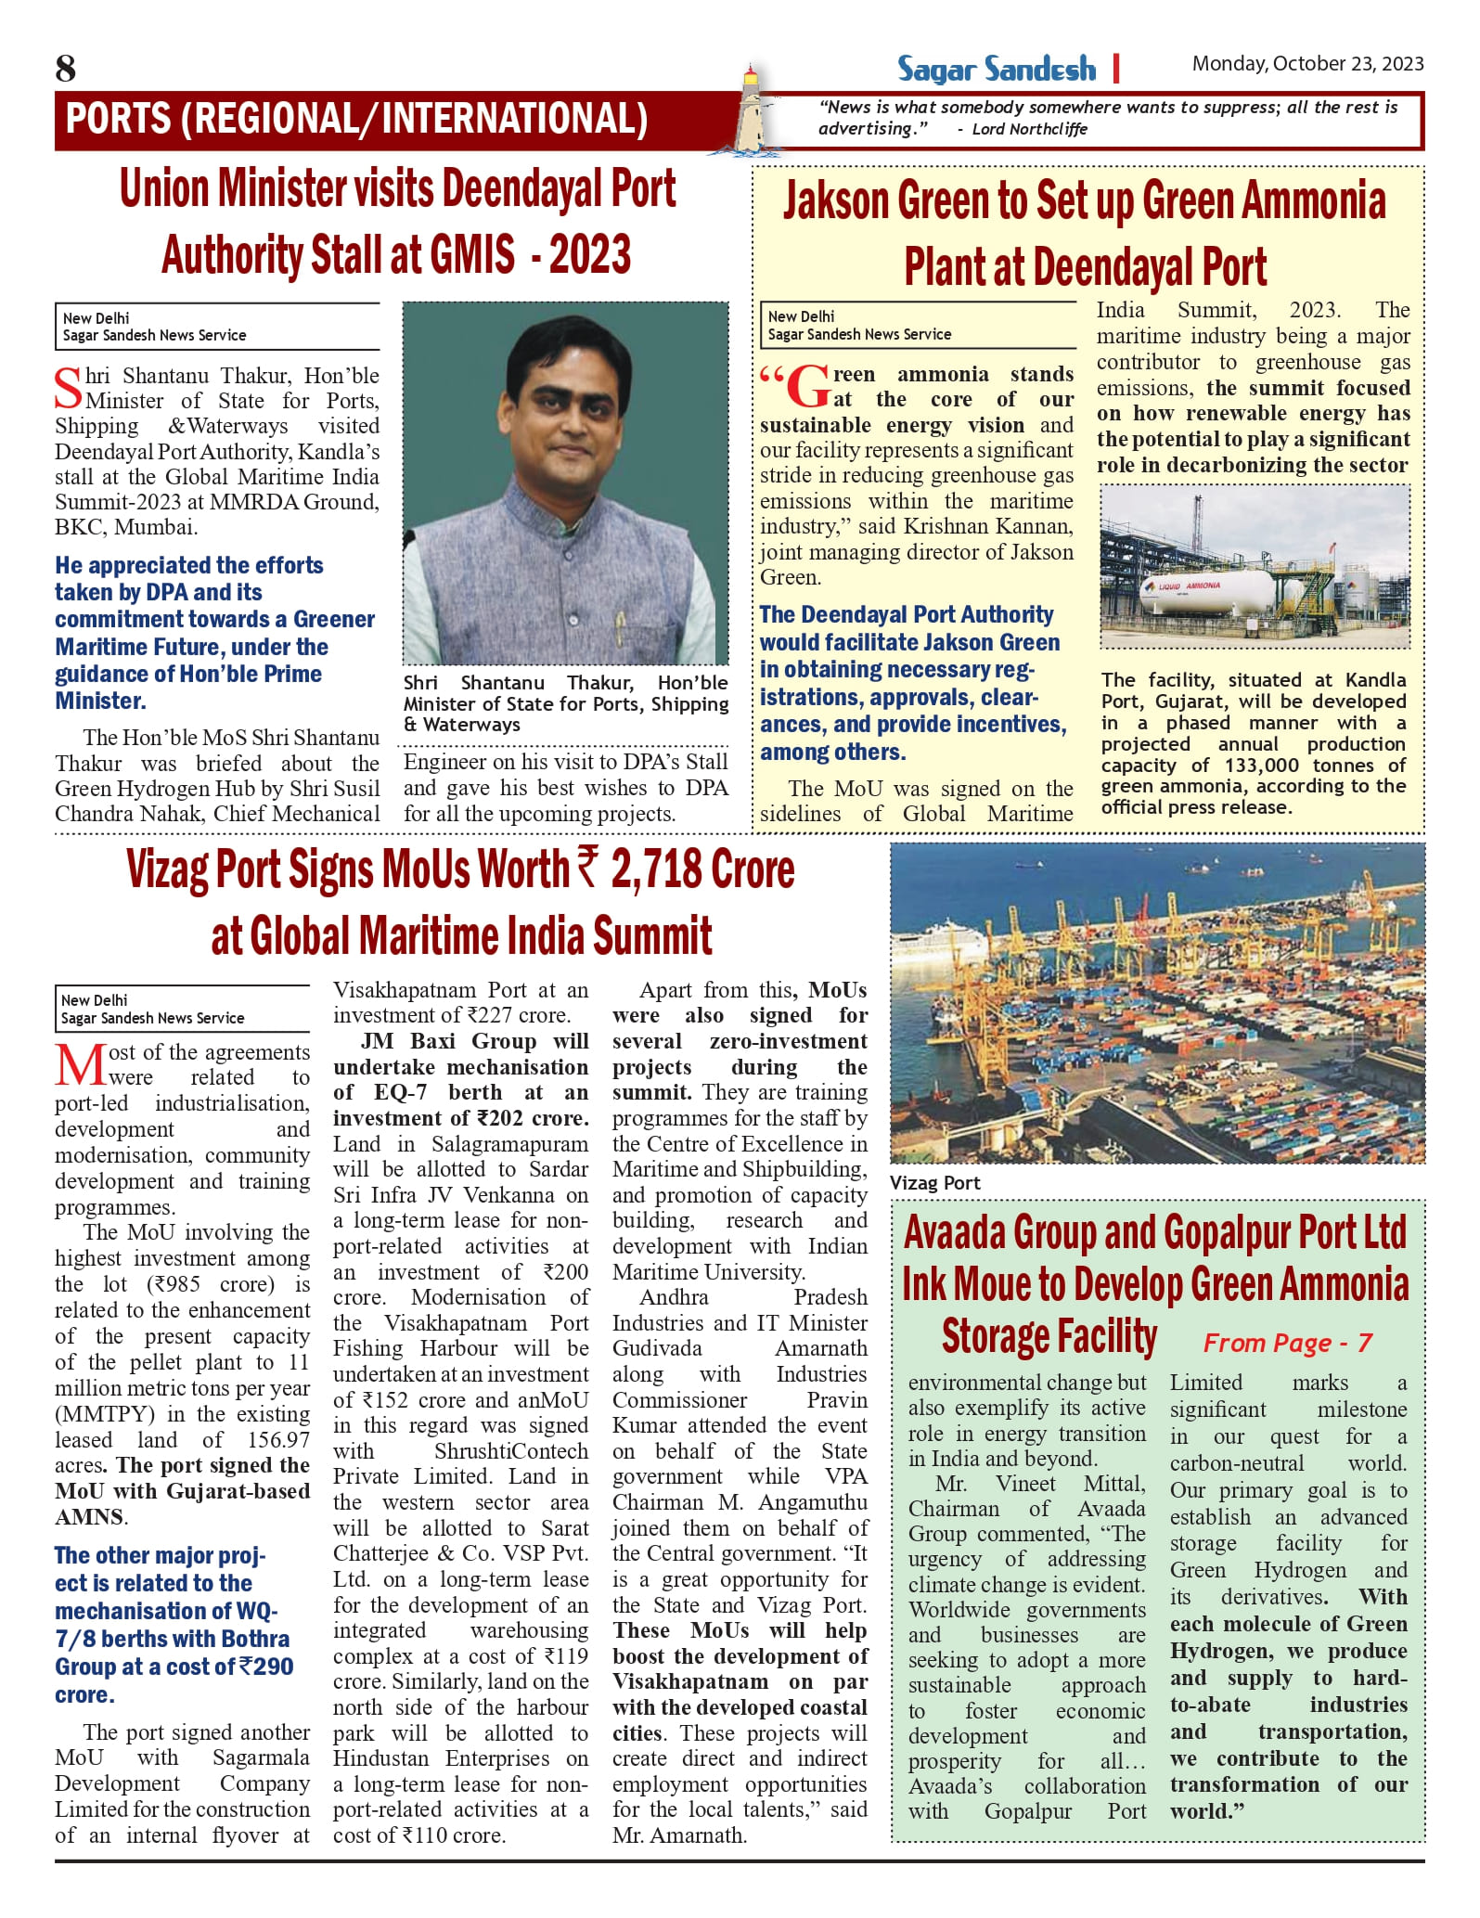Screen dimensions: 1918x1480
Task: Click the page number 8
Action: pos(66,69)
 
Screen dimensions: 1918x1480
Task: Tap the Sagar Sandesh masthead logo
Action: pos(996,70)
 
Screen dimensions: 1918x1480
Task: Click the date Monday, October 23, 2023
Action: pos(1307,63)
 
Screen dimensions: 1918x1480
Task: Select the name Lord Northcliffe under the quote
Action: pos(1029,129)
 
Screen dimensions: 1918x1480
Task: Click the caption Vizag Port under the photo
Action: pos(935,1183)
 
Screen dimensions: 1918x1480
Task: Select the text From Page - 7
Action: pos(1287,1343)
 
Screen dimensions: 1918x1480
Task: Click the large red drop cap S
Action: pos(69,388)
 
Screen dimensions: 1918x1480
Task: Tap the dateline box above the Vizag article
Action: pos(182,1009)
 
